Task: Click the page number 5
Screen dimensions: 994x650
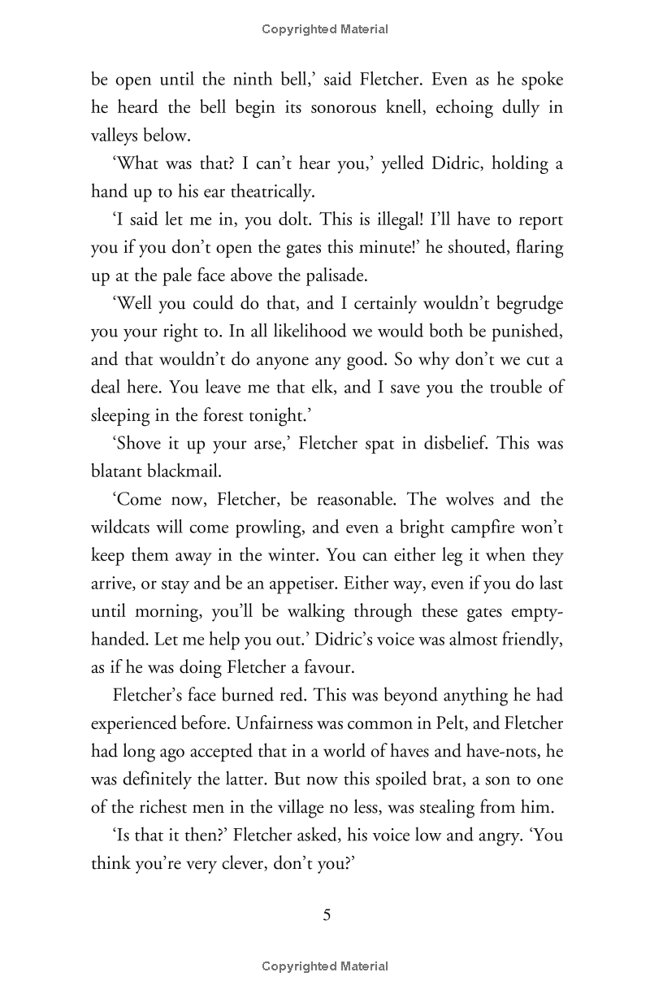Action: [327, 915]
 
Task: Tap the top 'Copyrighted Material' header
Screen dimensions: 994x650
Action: [325, 29]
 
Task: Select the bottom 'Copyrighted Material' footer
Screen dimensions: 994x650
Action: [325, 966]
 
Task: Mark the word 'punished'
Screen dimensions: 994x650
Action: [523, 331]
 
